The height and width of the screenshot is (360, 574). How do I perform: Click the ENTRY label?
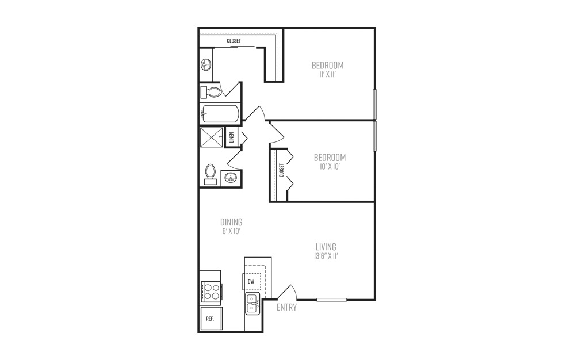[286, 307]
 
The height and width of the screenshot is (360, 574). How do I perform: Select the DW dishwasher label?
[251, 282]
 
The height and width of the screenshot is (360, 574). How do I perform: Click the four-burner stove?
[211, 291]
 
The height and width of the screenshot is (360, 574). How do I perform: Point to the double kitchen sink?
[252, 304]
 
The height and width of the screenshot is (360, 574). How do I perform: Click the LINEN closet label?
[231, 137]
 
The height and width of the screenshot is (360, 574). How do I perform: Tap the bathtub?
[220, 114]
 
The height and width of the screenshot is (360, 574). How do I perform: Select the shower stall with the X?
[211, 137]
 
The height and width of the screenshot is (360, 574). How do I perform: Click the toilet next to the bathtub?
[211, 92]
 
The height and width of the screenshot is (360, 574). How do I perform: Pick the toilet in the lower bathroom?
[210, 174]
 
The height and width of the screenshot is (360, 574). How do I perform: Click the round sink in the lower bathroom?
[231, 178]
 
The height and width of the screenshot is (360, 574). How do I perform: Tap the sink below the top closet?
[206, 65]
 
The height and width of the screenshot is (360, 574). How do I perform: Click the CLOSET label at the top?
[234, 41]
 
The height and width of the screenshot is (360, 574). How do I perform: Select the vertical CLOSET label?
[281, 170]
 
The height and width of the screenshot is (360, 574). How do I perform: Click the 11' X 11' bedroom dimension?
[328, 75]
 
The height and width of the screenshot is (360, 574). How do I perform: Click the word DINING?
[231, 222]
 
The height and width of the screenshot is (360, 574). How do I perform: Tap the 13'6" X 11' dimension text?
[326, 256]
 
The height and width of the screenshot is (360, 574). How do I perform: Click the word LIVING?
[326, 247]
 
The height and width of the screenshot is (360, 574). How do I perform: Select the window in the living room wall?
[332, 300]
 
